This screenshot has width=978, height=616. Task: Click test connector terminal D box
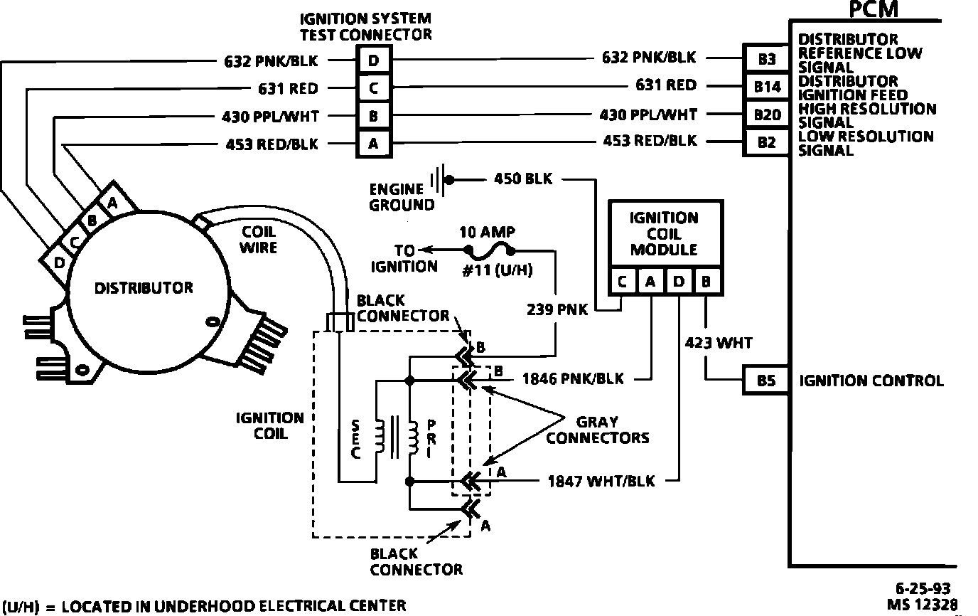click(x=373, y=60)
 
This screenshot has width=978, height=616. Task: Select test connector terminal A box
click(x=373, y=144)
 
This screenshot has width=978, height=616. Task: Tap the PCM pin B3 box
click(x=766, y=60)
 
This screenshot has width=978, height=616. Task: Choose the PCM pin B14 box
click(x=766, y=87)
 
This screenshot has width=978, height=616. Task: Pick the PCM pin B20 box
click(x=766, y=114)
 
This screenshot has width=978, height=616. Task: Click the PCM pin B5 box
click(x=766, y=381)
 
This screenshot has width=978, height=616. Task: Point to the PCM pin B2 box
click(x=766, y=142)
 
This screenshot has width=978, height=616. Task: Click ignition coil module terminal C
click(x=623, y=282)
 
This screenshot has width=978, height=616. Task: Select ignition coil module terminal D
click(x=679, y=282)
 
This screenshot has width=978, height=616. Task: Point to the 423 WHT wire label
click(x=718, y=343)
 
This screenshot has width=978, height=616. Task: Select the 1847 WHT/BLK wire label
click(x=601, y=482)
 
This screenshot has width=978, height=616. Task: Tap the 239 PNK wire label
click(x=557, y=310)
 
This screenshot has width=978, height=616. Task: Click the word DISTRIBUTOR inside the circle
click(x=144, y=288)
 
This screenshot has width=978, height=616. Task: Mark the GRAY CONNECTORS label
click(x=597, y=428)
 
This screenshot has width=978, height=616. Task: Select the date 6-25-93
click(x=923, y=588)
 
